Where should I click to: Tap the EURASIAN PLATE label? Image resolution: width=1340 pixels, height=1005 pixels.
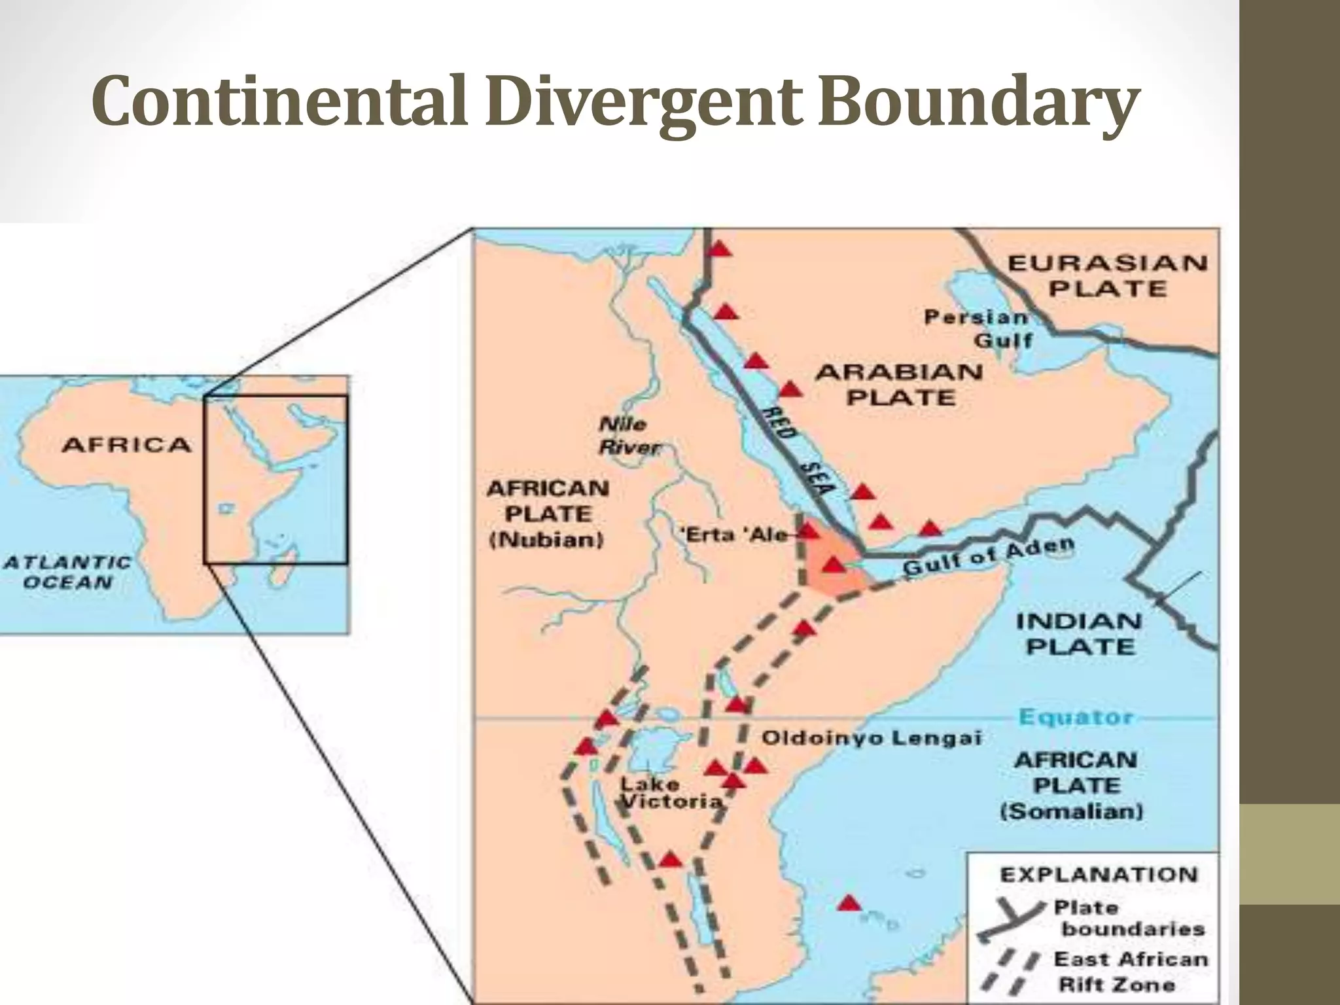point(1107,275)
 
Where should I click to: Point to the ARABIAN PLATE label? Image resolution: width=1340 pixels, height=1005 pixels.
point(899,385)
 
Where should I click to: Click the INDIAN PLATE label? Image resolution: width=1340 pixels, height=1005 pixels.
point(1079,633)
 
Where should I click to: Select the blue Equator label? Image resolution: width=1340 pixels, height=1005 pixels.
point(1076,717)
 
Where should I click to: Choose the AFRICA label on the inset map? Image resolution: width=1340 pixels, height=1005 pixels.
point(126,446)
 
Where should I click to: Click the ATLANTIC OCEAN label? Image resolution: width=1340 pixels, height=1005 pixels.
point(68,573)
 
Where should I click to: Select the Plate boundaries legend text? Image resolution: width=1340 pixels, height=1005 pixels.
point(1132,918)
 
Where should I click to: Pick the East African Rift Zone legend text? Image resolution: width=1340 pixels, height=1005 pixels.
point(1130,972)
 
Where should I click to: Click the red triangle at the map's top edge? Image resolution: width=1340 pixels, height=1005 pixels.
point(720,249)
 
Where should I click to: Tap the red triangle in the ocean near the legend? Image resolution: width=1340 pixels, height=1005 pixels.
point(849,904)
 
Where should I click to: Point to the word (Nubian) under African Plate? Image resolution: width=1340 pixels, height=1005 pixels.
point(546,540)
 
